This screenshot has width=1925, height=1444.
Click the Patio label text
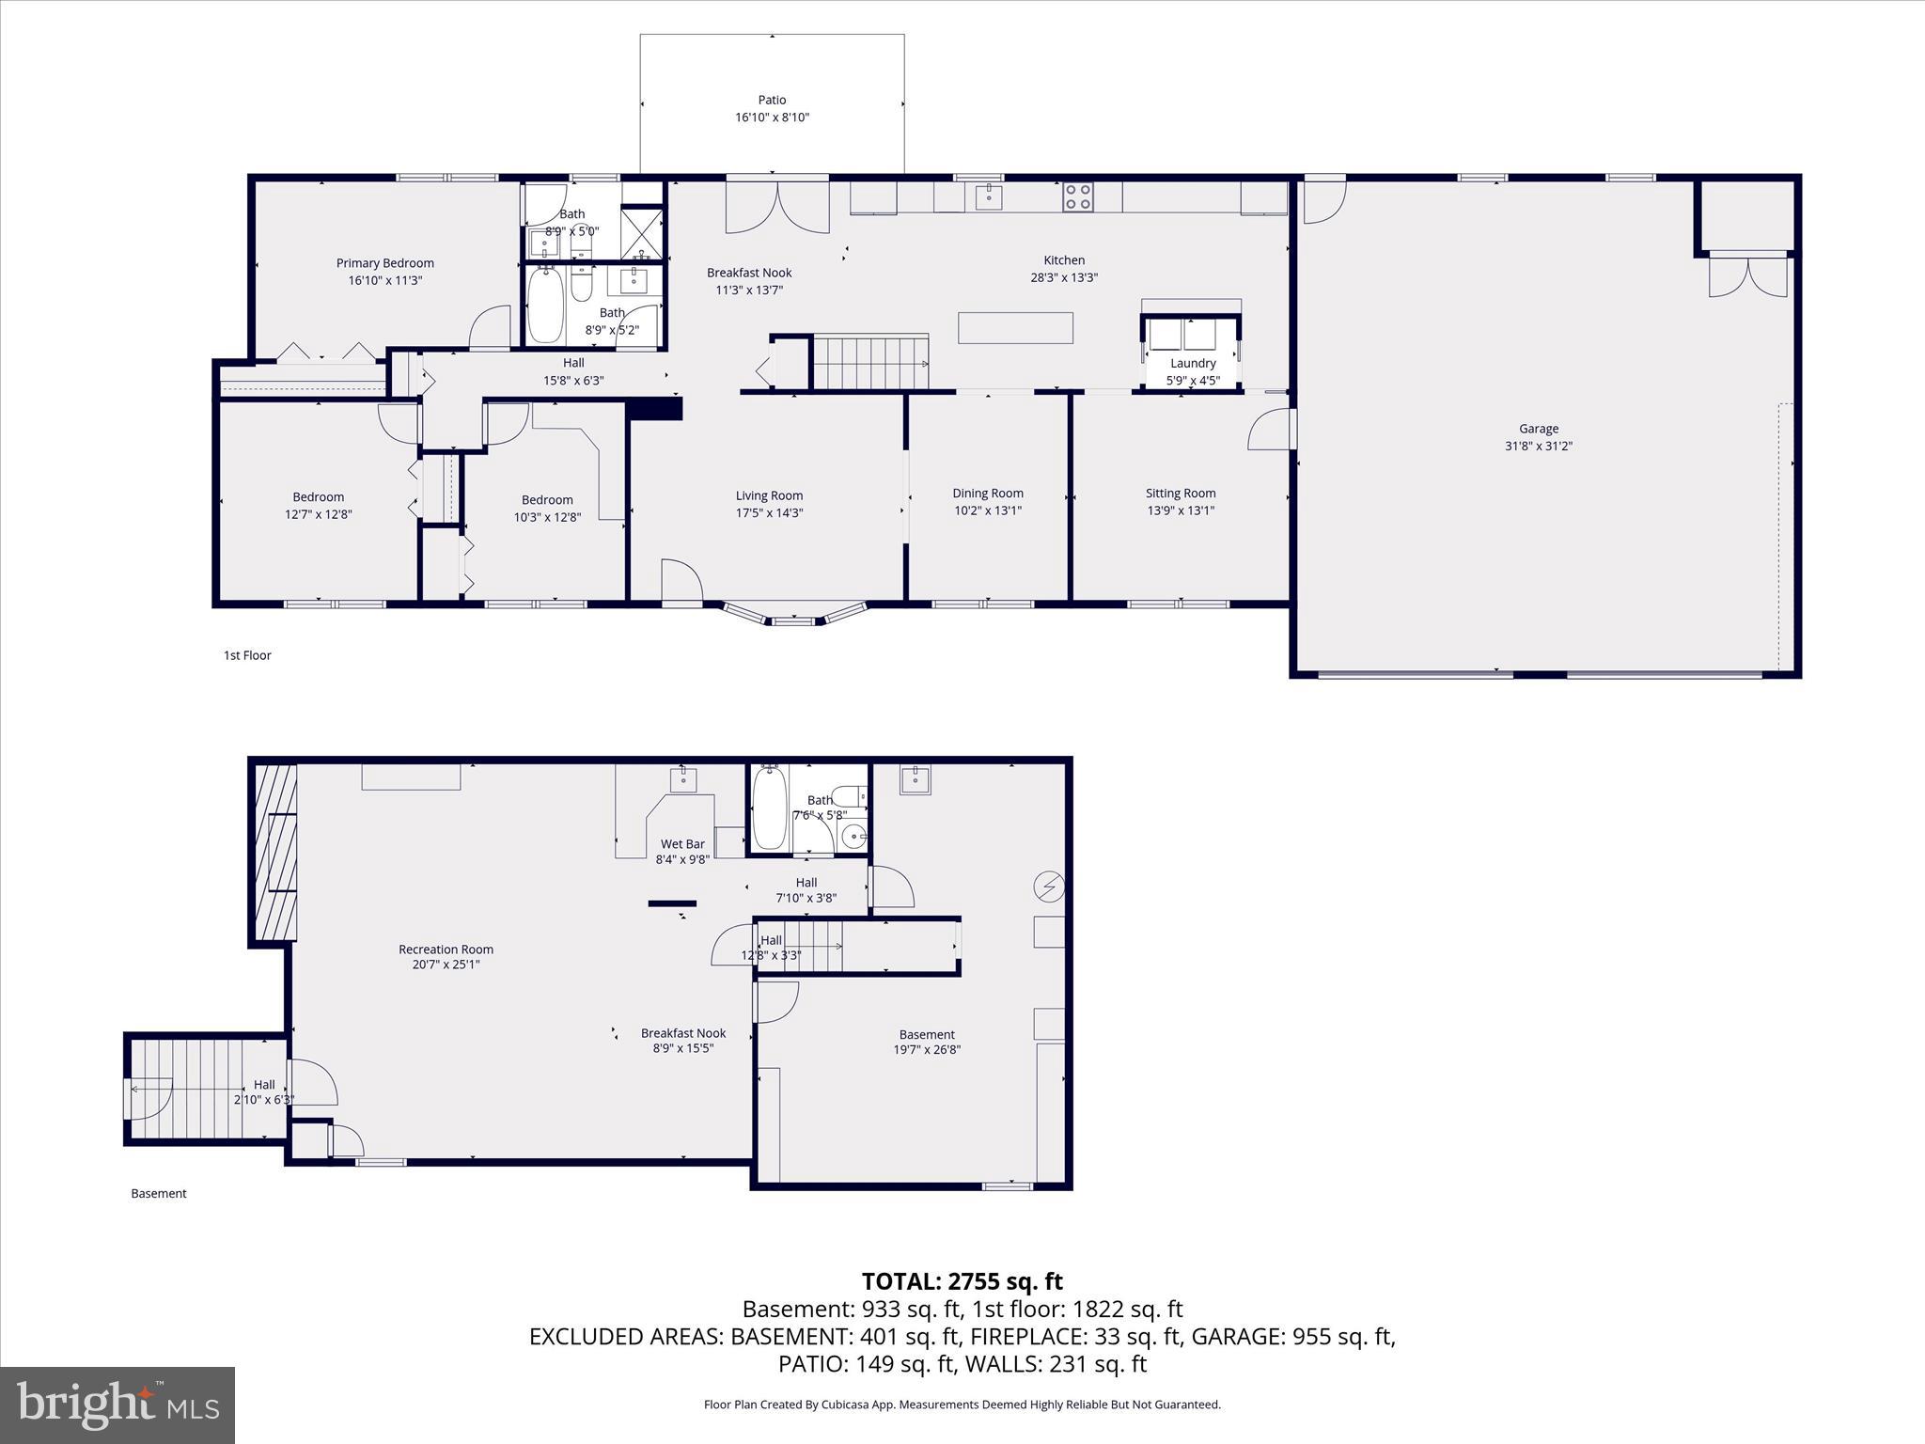coord(772,100)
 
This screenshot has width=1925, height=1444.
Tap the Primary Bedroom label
coord(385,263)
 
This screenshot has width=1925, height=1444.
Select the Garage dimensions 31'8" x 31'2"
coord(1538,447)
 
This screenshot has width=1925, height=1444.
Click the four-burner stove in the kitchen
coord(1077,196)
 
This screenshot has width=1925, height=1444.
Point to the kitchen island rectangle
coord(1015,328)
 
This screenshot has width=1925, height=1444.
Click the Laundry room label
coord(1193,363)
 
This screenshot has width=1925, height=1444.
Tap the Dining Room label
coord(987,493)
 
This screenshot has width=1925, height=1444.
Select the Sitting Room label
coord(1180,493)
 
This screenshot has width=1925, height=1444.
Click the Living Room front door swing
coord(681,580)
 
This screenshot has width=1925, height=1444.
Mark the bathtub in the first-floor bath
coord(545,305)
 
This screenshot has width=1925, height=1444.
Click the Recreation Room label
coord(446,950)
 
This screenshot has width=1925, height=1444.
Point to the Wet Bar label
coord(682,844)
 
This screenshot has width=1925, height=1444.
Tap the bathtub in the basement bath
coord(769,808)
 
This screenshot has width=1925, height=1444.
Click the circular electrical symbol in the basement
coord(1048,886)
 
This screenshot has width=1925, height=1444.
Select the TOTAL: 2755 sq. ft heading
coord(962,1281)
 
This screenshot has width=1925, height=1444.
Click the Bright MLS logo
coord(117,1405)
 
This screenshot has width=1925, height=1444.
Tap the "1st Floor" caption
coord(247,655)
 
